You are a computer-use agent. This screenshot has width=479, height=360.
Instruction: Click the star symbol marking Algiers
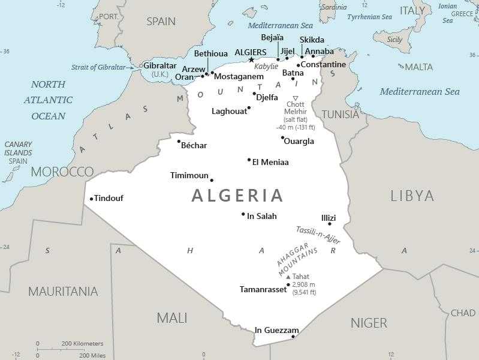252,59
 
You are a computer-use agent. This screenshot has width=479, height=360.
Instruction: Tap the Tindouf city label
109,198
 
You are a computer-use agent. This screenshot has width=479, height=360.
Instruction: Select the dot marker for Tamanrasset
288,284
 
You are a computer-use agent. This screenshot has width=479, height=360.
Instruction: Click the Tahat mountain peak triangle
288,277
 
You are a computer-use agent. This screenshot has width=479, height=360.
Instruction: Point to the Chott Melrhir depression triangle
295,98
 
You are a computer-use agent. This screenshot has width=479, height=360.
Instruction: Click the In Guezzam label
276,330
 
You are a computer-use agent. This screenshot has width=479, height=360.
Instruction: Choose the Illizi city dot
329,224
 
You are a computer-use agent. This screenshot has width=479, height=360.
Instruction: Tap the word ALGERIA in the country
237,195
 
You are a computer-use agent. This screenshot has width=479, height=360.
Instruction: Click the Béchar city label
194,146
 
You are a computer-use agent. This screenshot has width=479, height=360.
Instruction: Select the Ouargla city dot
282,137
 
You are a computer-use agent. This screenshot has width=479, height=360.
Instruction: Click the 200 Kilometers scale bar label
82,344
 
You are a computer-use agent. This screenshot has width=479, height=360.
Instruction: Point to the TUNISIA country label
341,114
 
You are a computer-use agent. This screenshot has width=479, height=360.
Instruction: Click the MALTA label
419,67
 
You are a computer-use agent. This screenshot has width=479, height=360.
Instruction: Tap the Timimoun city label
189,175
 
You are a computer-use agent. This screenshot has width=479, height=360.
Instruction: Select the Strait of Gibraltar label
104,67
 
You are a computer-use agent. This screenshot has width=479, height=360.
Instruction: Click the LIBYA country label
412,195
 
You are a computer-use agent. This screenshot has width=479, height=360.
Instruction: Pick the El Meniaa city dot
249,160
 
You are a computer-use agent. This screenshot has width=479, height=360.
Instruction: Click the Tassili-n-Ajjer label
318,235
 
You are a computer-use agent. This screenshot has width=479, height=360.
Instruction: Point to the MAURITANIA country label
63,292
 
